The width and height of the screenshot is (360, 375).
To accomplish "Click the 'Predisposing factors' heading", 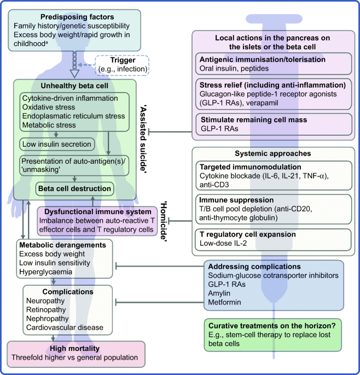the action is tap(77, 17).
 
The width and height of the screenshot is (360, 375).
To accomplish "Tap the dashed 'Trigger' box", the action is tap(123, 65).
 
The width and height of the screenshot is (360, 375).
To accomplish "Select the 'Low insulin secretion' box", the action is tap(57, 144).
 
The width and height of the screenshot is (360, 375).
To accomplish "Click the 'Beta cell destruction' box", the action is tap(74, 189).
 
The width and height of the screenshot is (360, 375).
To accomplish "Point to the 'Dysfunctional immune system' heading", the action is tap(98, 212).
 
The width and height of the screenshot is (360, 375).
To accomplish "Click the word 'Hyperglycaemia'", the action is tap(45, 272).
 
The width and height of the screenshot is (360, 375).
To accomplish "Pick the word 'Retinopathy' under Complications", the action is tap(46, 310).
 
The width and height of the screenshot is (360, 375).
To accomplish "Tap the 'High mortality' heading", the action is tap(74, 349).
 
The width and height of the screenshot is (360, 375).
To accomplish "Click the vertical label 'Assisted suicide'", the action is tap(144, 139).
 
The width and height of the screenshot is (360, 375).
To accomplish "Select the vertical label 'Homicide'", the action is tap(164, 221).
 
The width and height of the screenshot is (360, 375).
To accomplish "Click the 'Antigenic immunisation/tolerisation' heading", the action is tap(263, 59).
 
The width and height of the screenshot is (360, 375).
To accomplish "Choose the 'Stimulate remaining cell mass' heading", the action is tap(254, 119).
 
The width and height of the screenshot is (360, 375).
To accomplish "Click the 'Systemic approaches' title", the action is tap(273, 153).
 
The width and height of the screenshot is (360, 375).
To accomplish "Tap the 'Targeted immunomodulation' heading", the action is tap(250, 167).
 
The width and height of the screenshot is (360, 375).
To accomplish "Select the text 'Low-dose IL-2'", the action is tap(223, 243).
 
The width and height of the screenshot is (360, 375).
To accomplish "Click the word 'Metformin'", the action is tap(224, 302).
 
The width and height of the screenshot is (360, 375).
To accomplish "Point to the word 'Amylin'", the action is tap(219, 293).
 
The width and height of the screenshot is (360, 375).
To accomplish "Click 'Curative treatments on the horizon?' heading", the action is tap(272, 326).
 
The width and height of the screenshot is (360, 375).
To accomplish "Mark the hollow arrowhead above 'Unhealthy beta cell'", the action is tap(74, 73).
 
